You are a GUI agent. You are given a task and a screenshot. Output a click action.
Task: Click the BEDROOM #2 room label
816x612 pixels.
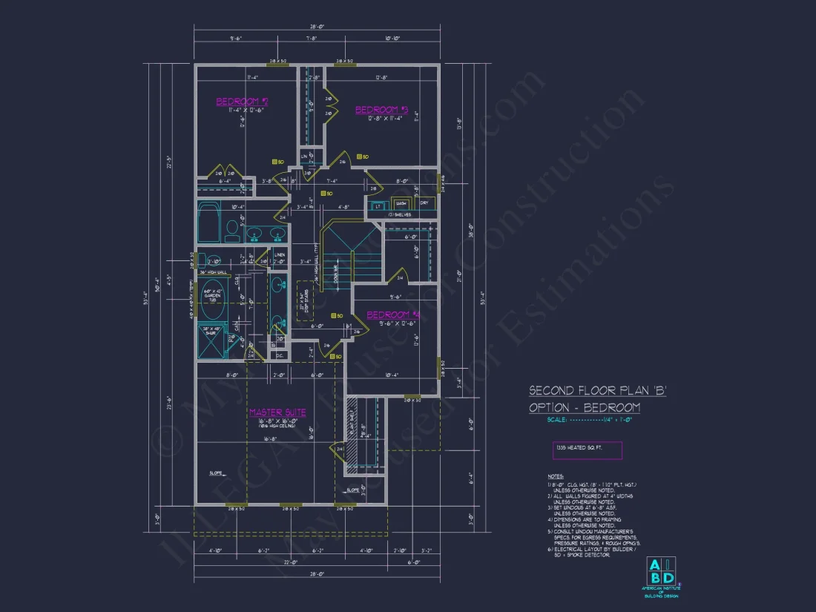tap(242, 102)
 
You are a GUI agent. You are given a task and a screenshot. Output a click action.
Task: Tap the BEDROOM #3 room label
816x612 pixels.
tap(382, 110)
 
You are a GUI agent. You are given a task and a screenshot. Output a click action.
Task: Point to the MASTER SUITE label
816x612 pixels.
tap(277, 412)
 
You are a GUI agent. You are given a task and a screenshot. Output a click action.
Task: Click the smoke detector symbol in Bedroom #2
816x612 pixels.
tap(274, 161)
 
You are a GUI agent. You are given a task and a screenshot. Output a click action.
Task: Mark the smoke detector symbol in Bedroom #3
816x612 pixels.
tap(359, 157)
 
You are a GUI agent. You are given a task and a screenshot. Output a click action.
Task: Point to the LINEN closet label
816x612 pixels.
tap(280, 255)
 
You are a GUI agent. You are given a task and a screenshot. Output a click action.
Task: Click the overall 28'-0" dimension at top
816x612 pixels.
tap(317, 27)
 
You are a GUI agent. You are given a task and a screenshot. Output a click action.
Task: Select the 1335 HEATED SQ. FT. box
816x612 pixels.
tap(588, 450)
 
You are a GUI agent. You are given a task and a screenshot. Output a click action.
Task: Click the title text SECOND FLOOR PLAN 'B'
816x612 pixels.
tap(597, 390)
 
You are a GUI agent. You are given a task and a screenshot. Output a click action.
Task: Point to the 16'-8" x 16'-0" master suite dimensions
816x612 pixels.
tap(277, 421)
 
